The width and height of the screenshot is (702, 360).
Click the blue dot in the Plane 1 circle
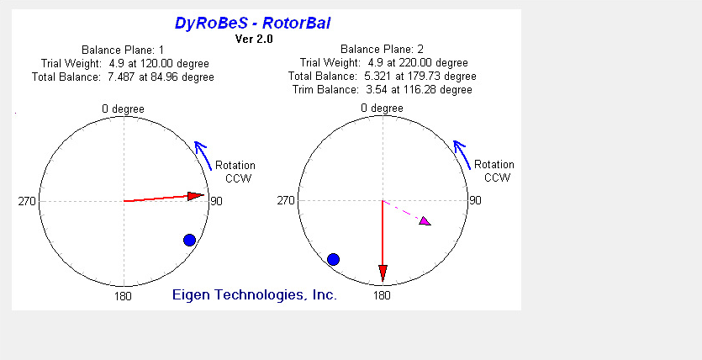click(189, 240)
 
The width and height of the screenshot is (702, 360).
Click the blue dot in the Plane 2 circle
click(333, 259)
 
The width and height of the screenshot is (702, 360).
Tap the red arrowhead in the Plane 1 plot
click(196, 196)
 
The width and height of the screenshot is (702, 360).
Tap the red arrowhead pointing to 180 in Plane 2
click(383, 273)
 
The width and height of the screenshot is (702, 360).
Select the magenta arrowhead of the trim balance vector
click(425, 220)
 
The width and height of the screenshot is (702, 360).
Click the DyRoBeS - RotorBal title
click(252, 23)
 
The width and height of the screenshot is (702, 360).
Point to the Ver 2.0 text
click(254, 39)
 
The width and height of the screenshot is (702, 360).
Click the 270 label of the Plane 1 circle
click(26, 202)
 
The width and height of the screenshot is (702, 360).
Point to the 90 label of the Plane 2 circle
click(475, 200)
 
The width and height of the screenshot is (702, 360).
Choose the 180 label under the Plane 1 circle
click(123, 296)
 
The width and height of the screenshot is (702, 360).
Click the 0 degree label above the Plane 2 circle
click(382, 108)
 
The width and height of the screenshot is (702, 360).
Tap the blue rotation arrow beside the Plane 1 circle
click(203, 155)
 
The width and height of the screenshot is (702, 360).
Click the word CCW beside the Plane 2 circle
click(498, 177)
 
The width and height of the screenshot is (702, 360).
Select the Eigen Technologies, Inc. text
click(254, 294)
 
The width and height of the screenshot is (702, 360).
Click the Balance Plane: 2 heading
click(382, 50)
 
